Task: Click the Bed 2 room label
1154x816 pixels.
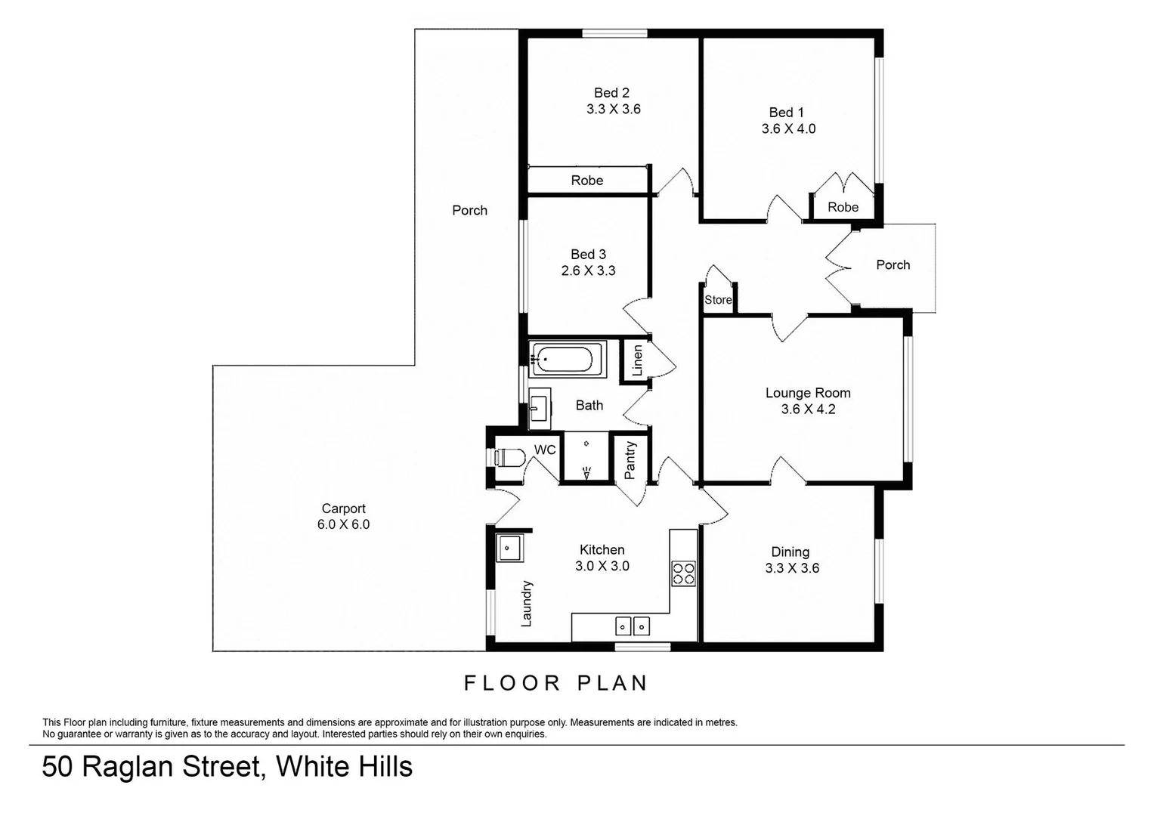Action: point(611,93)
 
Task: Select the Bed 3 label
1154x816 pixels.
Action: point(588,255)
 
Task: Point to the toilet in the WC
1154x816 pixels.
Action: point(509,457)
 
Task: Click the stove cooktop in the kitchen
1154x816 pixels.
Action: point(684,573)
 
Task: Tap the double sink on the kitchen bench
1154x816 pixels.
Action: point(632,626)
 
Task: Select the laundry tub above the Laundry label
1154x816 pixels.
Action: point(510,547)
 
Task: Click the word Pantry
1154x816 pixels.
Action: point(630,460)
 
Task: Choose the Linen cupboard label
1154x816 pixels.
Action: point(636,360)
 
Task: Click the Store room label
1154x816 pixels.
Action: point(718,300)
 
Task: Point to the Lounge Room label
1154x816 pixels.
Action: point(808,393)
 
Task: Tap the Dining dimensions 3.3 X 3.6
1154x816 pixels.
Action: point(792,568)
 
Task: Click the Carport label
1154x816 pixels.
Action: point(344,508)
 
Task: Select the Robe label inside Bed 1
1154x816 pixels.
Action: point(843,207)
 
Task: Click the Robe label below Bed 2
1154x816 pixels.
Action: point(587,181)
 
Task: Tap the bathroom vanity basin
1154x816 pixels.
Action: point(539,407)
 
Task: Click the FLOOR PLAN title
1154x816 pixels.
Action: point(556,683)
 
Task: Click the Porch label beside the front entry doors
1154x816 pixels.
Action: point(893,265)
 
